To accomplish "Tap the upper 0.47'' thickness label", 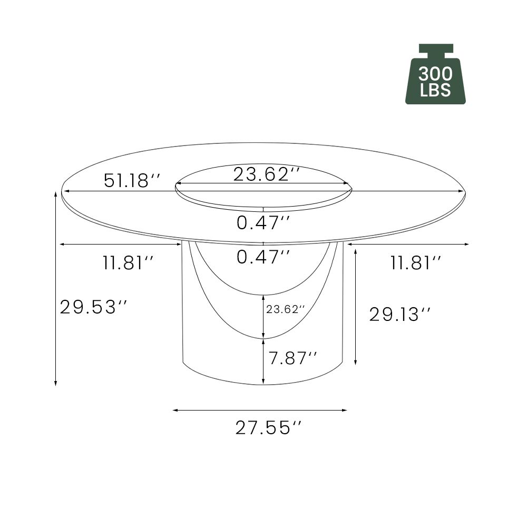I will (263, 223).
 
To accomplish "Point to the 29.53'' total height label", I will (94, 307).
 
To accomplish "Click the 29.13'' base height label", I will (399, 315).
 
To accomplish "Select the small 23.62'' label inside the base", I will (286, 309).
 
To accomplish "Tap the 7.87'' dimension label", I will (292, 358).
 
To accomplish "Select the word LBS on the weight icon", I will (435, 91).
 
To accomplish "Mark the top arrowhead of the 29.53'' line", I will (56, 194).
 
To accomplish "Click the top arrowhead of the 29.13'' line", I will (356, 252).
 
